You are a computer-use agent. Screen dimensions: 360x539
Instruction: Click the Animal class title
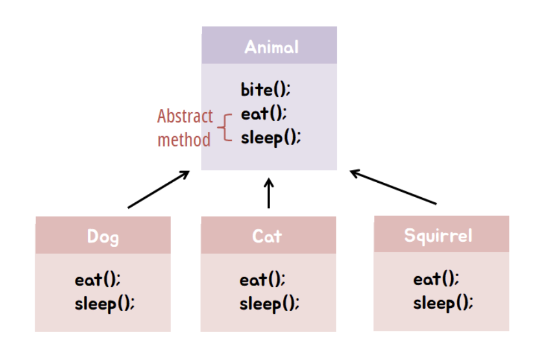click(271, 47)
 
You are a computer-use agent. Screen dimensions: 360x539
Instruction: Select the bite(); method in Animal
click(266, 89)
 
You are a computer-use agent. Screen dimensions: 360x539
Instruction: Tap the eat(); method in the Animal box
click(263, 114)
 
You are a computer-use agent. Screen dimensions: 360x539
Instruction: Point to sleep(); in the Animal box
click(271, 137)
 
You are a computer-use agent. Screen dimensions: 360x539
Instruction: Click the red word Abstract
click(184, 116)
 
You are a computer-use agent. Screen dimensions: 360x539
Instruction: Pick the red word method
click(184, 139)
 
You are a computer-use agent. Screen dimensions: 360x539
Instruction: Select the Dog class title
click(103, 237)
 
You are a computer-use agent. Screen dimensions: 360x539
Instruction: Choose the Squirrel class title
click(438, 235)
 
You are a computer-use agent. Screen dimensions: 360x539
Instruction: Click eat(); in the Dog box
click(97, 279)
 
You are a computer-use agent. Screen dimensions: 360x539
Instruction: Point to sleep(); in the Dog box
click(104, 303)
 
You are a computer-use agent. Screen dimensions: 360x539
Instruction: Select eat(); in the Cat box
click(262, 279)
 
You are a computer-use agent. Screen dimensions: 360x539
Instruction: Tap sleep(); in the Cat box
click(269, 303)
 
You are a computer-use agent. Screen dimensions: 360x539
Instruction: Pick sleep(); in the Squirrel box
click(443, 303)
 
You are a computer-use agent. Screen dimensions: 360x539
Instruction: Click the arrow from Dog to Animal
click(159, 189)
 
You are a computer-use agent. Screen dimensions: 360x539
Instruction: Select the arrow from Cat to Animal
click(269, 193)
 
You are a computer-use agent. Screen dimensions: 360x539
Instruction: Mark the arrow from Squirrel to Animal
click(393, 187)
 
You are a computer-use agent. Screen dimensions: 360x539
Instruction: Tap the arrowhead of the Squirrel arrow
click(354, 172)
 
